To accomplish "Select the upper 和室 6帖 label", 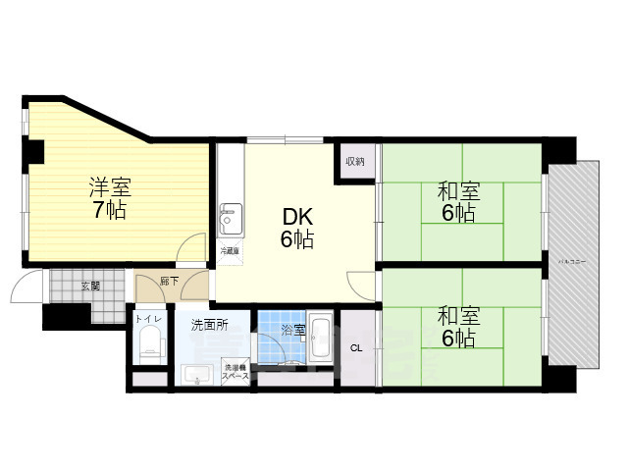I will pos(457,202).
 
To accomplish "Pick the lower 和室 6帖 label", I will pos(457,328).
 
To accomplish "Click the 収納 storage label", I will pos(354,161).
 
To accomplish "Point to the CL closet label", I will pos(356,346).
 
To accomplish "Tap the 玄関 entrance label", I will pos(90,287).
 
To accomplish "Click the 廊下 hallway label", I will pos(169,282).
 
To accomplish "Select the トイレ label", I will pos(149,320).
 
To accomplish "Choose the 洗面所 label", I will pos(209,325).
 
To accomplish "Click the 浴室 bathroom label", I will pos(293,327).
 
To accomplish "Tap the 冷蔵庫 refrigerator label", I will pos(229,252).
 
